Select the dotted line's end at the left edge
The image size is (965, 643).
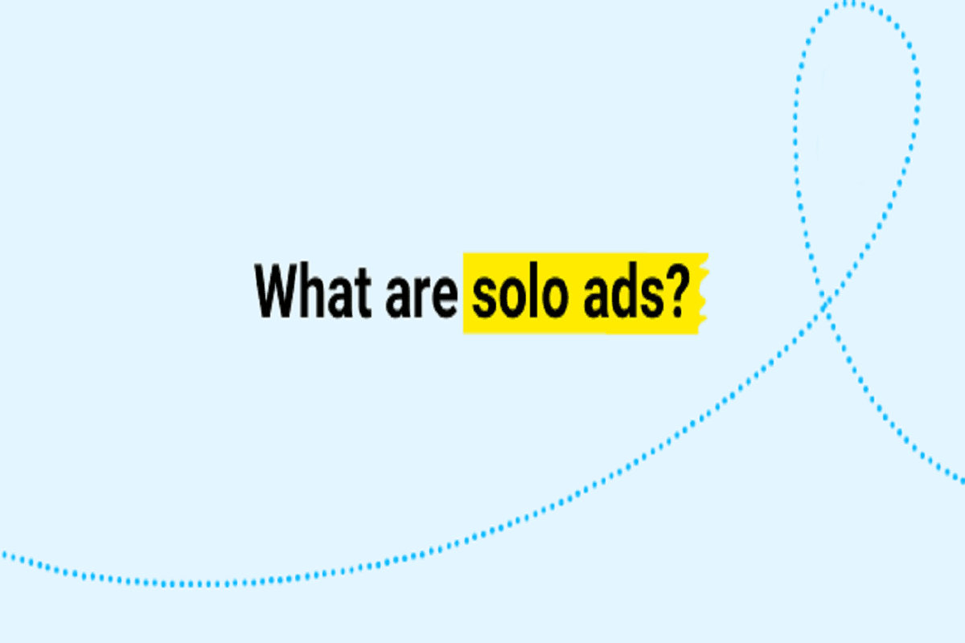(3, 553)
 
